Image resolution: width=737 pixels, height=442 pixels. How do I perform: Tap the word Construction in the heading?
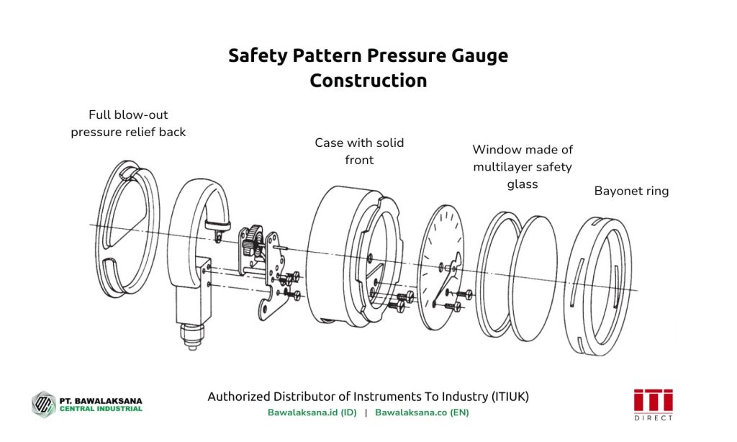pyautogui.click(x=368, y=81)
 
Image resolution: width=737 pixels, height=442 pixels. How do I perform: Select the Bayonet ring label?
pyautogui.click(x=631, y=191)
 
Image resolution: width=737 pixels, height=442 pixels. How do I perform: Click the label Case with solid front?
pyautogui.click(x=359, y=151)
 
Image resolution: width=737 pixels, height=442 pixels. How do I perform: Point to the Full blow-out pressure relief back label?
pyautogui.click(x=128, y=123)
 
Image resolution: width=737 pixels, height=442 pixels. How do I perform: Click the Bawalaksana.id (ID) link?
pyautogui.click(x=312, y=413)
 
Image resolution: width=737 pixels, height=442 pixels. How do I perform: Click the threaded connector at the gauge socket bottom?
pyautogui.click(x=191, y=335)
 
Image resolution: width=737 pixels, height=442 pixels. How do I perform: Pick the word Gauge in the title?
pyautogui.click(x=478, y=56)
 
